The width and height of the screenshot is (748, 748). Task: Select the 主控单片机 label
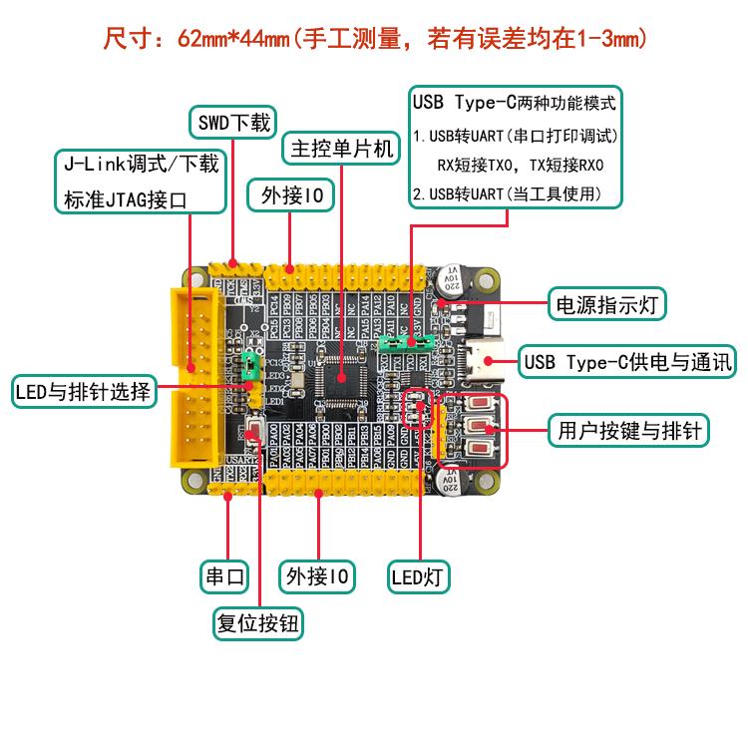[340, 151]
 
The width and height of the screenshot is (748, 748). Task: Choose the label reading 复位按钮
[259, 624]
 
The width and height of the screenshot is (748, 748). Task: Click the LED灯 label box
[419, 575]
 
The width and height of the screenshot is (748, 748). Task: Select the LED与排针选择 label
[86, 391]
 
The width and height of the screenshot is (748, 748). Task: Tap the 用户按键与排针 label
[628, 432]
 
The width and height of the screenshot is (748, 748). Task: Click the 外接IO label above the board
[290, 195]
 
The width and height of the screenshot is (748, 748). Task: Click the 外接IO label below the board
[318, 576]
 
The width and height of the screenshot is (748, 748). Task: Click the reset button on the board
[252, 431]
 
